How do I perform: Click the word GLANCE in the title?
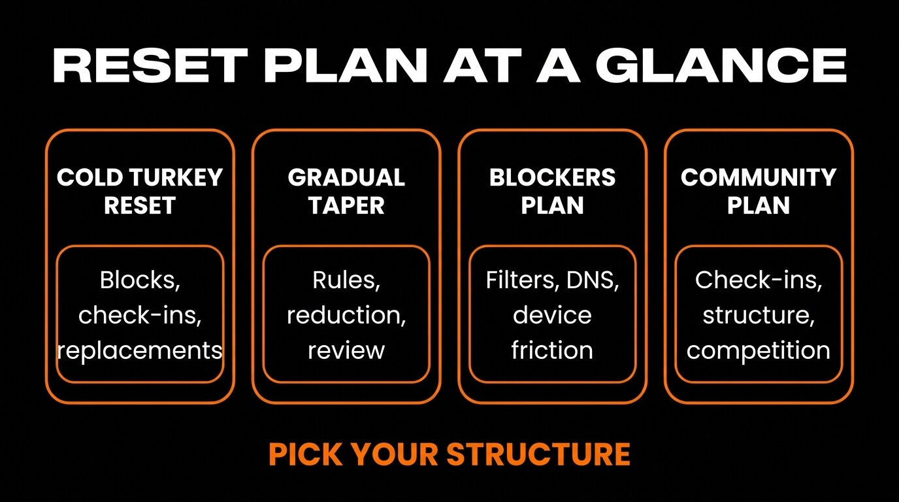(721, 65)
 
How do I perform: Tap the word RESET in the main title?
(150, 65)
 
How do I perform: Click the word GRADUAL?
(346, 177)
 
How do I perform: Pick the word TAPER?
(346, 205)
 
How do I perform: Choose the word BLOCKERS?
(552, 177)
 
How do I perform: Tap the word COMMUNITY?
(759, 177)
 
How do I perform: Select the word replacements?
(140, 350)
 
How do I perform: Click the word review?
(346, 350)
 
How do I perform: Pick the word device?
(552, 315)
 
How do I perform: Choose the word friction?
(552, 350)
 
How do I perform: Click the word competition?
(759, 350)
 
